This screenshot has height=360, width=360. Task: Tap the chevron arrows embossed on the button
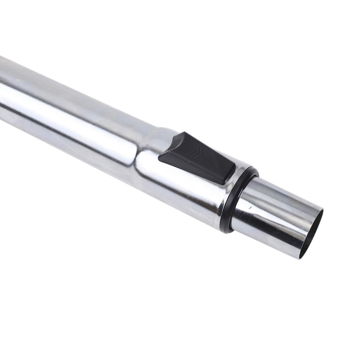(196, 152)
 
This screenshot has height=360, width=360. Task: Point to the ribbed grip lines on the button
(175, 143)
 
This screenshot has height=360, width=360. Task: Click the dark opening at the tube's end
(313, 234)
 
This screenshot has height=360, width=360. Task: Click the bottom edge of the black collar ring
(225, 229)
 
